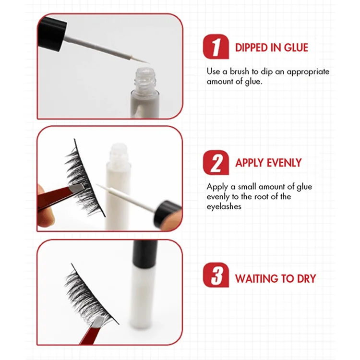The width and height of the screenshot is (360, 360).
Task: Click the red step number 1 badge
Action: coord(216,47)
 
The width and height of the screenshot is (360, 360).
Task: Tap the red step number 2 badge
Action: coord(216,163)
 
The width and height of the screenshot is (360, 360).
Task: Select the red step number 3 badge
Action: coord(216,275)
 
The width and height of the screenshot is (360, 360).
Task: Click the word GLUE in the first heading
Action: coord(296,48)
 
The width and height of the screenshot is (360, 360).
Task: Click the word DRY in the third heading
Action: coord(307,278)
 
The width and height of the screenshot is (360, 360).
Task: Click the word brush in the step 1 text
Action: coord(240,72)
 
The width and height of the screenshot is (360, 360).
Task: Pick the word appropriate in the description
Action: coord(308,72)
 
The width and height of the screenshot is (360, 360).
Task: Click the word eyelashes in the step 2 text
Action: coord(224,207)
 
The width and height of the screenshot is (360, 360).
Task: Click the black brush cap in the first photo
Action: coord(52,33)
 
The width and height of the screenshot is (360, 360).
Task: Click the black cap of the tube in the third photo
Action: coord(145,254)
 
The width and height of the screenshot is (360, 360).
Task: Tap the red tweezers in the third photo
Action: coord(92,331)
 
